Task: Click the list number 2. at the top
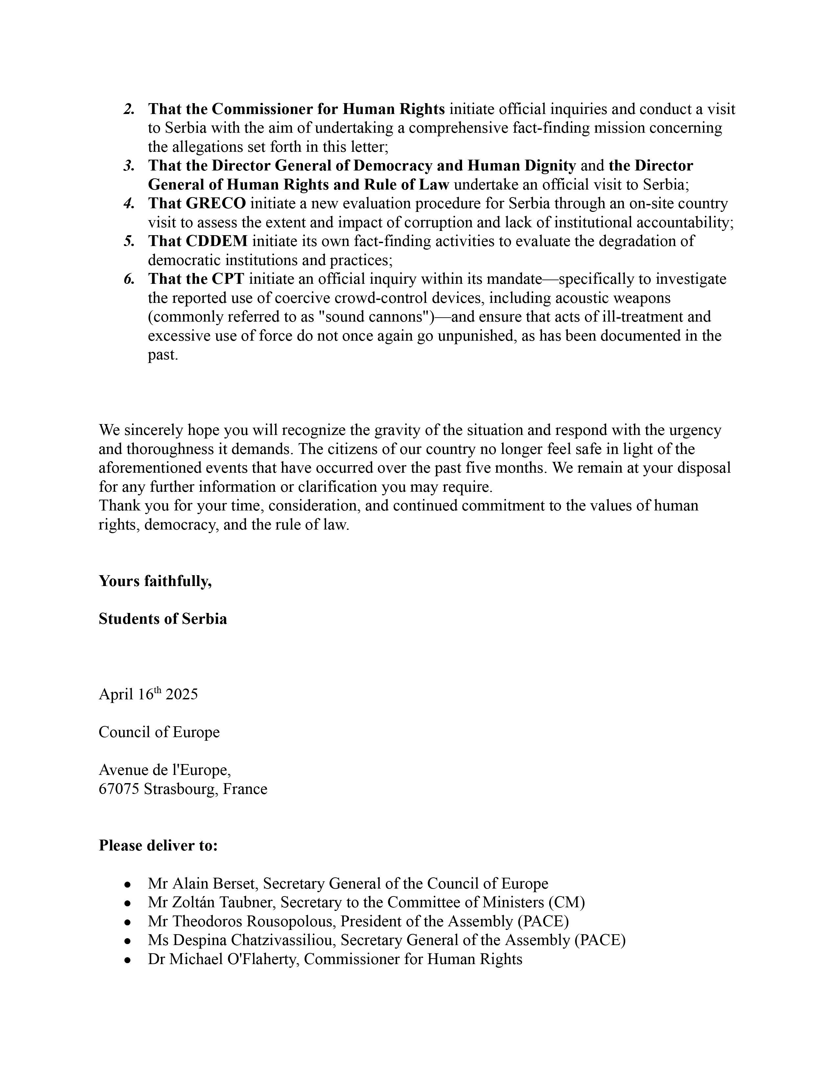click(x=129, y=109)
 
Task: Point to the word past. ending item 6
click(x=162, y=355)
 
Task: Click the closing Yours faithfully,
click(x=155, y=581)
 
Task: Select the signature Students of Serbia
click(x=163, y=619)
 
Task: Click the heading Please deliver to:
click(x=158, y=845)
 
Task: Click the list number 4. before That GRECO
click(x=129, y=204)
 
